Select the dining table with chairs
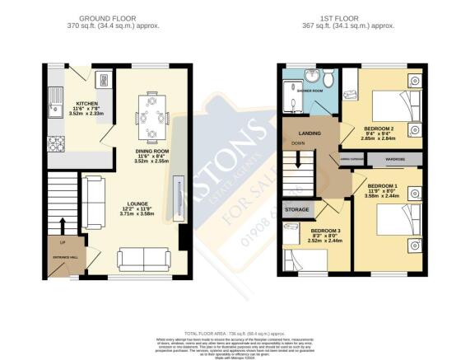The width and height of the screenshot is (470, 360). click(x=150, y=116)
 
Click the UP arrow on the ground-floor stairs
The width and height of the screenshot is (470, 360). click(x=62, y=224)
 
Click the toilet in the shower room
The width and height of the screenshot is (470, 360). click(x=328, y=80)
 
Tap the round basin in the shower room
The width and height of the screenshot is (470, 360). click(x=312, y=76)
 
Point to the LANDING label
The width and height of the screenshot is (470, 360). click(x=309, y=134)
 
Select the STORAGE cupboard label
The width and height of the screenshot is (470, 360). click(x=297, y=210)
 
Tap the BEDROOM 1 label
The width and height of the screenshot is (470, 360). click(x=383, y=188)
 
